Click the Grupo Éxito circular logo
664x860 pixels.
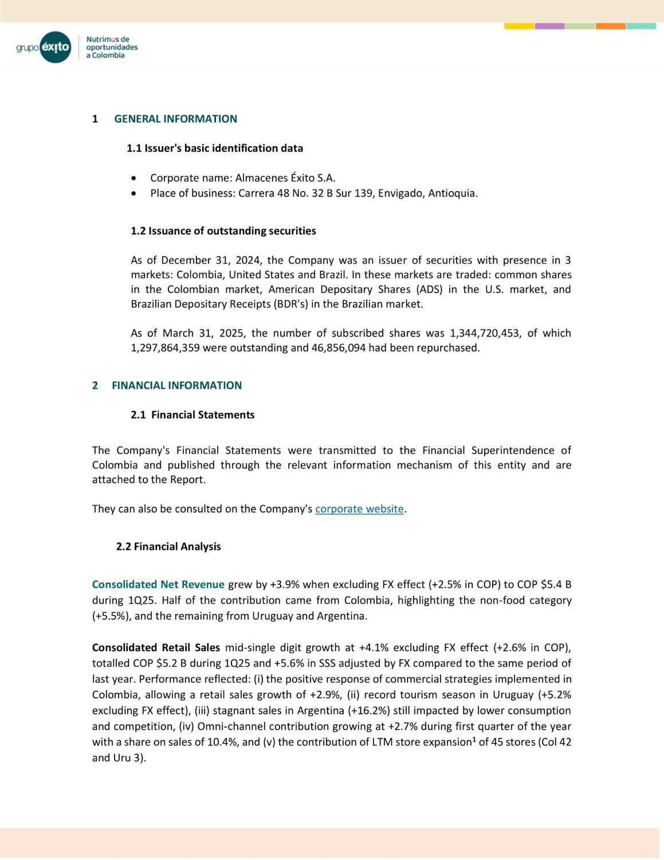[x=56, y=47]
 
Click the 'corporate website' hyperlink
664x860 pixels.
[x=359, y=509]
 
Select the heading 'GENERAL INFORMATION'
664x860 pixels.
[x=175, y=119]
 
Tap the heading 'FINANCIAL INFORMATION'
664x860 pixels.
[x=176, y=386]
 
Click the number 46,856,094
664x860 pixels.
[x=339, y=348]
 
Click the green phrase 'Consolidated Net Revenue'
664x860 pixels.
[x=158, y=585]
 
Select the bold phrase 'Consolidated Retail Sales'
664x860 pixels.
[x=156, y=648]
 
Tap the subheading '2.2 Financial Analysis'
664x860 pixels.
[x=168, y=547]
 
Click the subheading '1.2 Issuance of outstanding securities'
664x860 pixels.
[x=223, y=231]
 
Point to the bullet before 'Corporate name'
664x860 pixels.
[x=133, y=178]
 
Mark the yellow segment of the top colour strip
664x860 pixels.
[x=519, y=26]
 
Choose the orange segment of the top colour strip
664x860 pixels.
[x=610, y=26]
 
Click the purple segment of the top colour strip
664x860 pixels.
[x=549, y=26]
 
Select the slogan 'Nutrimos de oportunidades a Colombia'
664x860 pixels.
[x=112, y=48]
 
